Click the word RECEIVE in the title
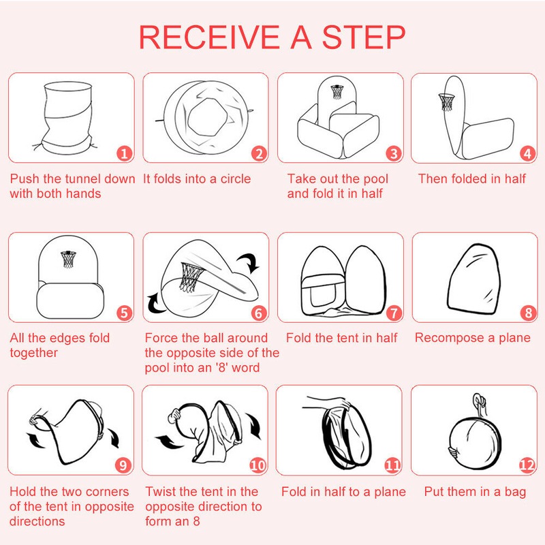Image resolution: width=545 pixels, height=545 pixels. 209,37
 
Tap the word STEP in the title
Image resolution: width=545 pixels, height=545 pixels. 364,37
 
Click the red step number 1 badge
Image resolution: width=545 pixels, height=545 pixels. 125,153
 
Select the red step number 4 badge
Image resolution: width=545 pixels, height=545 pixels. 527,153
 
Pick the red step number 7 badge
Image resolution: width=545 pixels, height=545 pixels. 394,313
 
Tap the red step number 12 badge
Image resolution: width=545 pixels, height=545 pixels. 527,465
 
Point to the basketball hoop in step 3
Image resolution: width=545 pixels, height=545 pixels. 337,91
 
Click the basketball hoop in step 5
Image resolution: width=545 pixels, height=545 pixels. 68,259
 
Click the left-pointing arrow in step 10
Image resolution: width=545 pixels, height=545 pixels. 170,441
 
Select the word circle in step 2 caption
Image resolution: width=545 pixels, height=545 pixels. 235,179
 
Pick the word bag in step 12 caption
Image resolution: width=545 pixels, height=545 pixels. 515,493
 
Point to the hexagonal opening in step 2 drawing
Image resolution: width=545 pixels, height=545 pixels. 207,118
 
